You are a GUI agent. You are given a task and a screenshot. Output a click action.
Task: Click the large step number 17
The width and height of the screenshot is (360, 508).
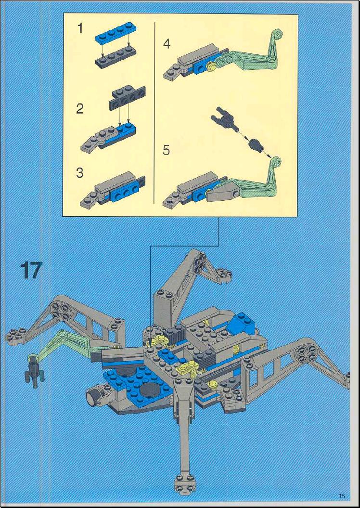click(x=31, y=270)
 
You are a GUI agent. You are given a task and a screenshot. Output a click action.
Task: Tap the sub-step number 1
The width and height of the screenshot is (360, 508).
click(x=79, y=28)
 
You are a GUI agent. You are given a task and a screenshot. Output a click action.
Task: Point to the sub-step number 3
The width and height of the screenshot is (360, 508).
click(x=79, y=173)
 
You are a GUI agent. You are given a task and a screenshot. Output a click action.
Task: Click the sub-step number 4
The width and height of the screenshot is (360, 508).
click(x=167, y=44)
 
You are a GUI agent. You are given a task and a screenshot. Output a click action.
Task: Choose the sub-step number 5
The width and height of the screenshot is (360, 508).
click(x=166, y=150)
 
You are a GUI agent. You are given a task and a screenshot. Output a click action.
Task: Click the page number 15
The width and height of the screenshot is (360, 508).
click(x=342, y=495)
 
